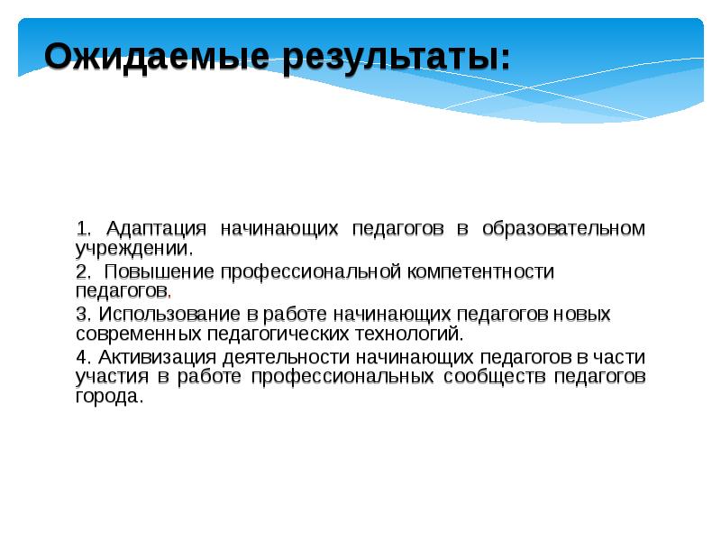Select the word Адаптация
tap(158, 229)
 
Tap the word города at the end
tap(108, 396)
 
